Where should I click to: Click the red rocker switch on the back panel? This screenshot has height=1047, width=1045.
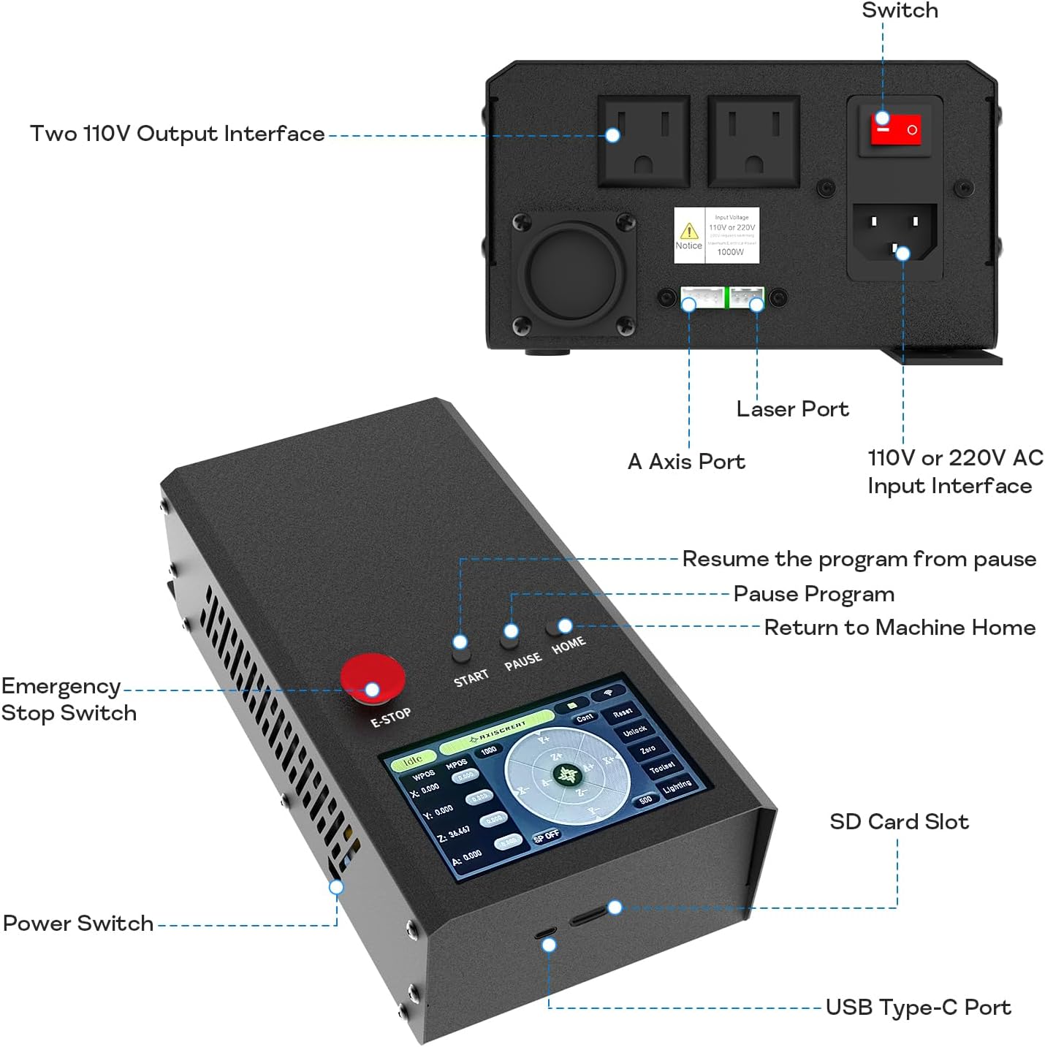895,129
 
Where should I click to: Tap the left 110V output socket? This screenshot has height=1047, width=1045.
644,142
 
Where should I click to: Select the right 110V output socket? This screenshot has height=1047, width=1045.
753,142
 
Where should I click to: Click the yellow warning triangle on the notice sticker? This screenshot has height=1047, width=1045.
689,231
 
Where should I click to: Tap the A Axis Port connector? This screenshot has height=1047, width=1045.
702,298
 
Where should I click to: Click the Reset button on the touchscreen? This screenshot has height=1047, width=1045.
622,712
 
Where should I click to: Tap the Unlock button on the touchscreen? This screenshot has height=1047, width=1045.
635,731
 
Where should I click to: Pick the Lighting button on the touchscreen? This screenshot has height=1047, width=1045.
677,786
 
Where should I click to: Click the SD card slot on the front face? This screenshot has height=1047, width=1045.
589,915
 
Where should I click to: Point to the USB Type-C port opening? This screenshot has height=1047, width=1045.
544,933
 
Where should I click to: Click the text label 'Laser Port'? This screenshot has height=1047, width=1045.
792,409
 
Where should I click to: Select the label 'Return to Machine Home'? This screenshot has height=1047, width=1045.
900,628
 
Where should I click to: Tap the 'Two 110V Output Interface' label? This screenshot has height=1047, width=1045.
177,134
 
